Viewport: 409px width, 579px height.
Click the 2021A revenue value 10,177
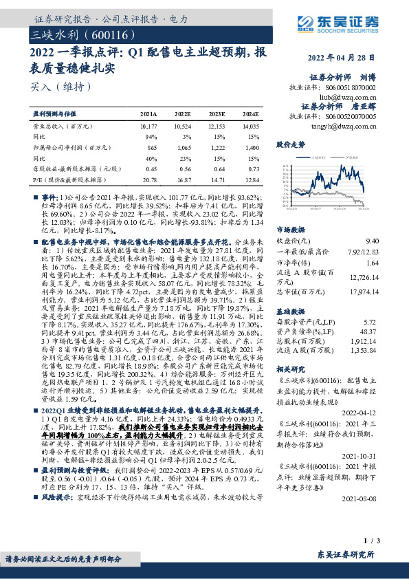click(x=148, y=127)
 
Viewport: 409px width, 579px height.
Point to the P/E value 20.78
click(x=148, y=179)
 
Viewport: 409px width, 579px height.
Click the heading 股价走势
click(x=290, y=145)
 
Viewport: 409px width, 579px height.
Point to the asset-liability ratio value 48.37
click(x=369, y=331)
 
